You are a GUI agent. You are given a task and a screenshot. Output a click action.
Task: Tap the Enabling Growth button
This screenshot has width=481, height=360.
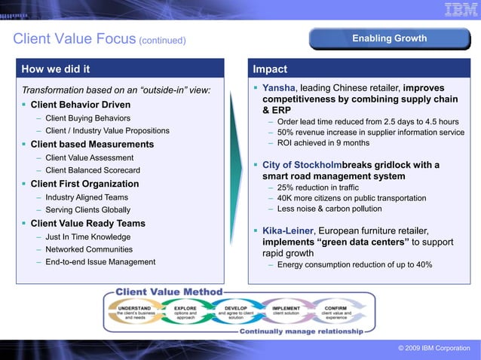tap(389, 38)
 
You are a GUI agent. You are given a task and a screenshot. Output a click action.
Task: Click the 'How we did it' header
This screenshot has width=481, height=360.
tap(56, 69)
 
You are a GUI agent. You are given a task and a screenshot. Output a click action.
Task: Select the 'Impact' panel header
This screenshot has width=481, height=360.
tap(270, 69)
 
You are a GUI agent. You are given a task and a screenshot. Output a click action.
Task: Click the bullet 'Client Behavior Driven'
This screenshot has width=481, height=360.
tap(80, 105)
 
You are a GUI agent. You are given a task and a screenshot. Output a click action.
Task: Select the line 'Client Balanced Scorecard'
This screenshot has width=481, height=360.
tap(92, 170)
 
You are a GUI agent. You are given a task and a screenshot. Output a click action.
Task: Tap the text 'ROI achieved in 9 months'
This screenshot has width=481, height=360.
tap(323, 143)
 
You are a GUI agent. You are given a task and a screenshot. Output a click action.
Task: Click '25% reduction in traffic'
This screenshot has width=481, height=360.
tap(317, 188)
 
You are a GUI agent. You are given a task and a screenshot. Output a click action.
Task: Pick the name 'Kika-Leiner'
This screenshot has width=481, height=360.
tap(287, 230)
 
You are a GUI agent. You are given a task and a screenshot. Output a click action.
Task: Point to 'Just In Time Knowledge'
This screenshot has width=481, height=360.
tap(87, 236)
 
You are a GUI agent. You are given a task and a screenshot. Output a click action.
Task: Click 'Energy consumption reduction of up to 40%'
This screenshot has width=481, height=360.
tap(354, 265)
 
